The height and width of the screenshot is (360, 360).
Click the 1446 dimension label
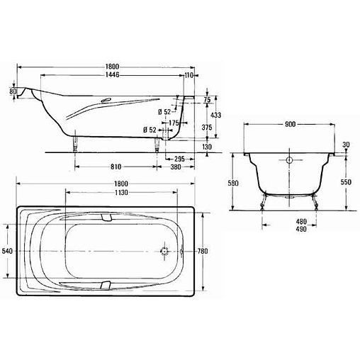tap(113, 75)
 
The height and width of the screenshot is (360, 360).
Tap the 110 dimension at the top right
tap(189, 75)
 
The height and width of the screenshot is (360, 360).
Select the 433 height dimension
tap(215, 115)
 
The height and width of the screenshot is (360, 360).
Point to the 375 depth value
tap(207, 128)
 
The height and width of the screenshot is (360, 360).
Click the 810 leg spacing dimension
tap(116, 167)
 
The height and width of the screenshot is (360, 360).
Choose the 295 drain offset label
tap(179, 159)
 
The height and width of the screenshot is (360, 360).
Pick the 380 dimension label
tap(176, 167)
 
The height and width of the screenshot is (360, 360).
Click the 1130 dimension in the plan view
tap(121, 193)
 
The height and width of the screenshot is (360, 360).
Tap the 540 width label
tap(7, 251)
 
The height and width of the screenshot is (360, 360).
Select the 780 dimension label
tap(203, 251)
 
